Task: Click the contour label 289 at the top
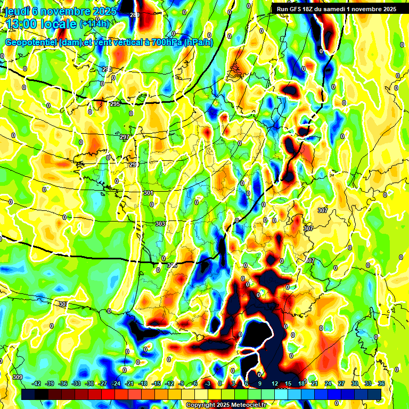click(135, 15)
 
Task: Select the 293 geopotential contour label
click(107, 70)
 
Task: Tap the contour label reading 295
click(115, 104)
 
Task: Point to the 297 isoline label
click(125, 137)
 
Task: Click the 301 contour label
click(148, 193)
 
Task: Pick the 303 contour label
click(160, 224)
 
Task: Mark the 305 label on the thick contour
click(171, 265)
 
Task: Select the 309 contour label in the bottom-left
click(18, 378)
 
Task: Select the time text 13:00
click(24, 24)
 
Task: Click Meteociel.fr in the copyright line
click(247, 405)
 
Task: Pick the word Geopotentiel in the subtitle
click(31, 43)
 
